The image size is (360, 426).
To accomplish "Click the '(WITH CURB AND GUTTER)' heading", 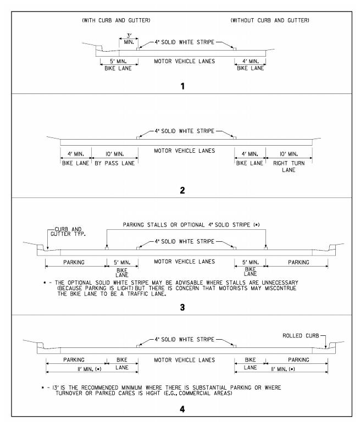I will (115, 21).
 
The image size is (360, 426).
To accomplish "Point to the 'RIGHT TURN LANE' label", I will (288, 167).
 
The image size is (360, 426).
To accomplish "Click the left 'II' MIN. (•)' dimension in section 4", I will (74, 369).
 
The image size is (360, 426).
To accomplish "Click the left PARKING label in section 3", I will (75, 262).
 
